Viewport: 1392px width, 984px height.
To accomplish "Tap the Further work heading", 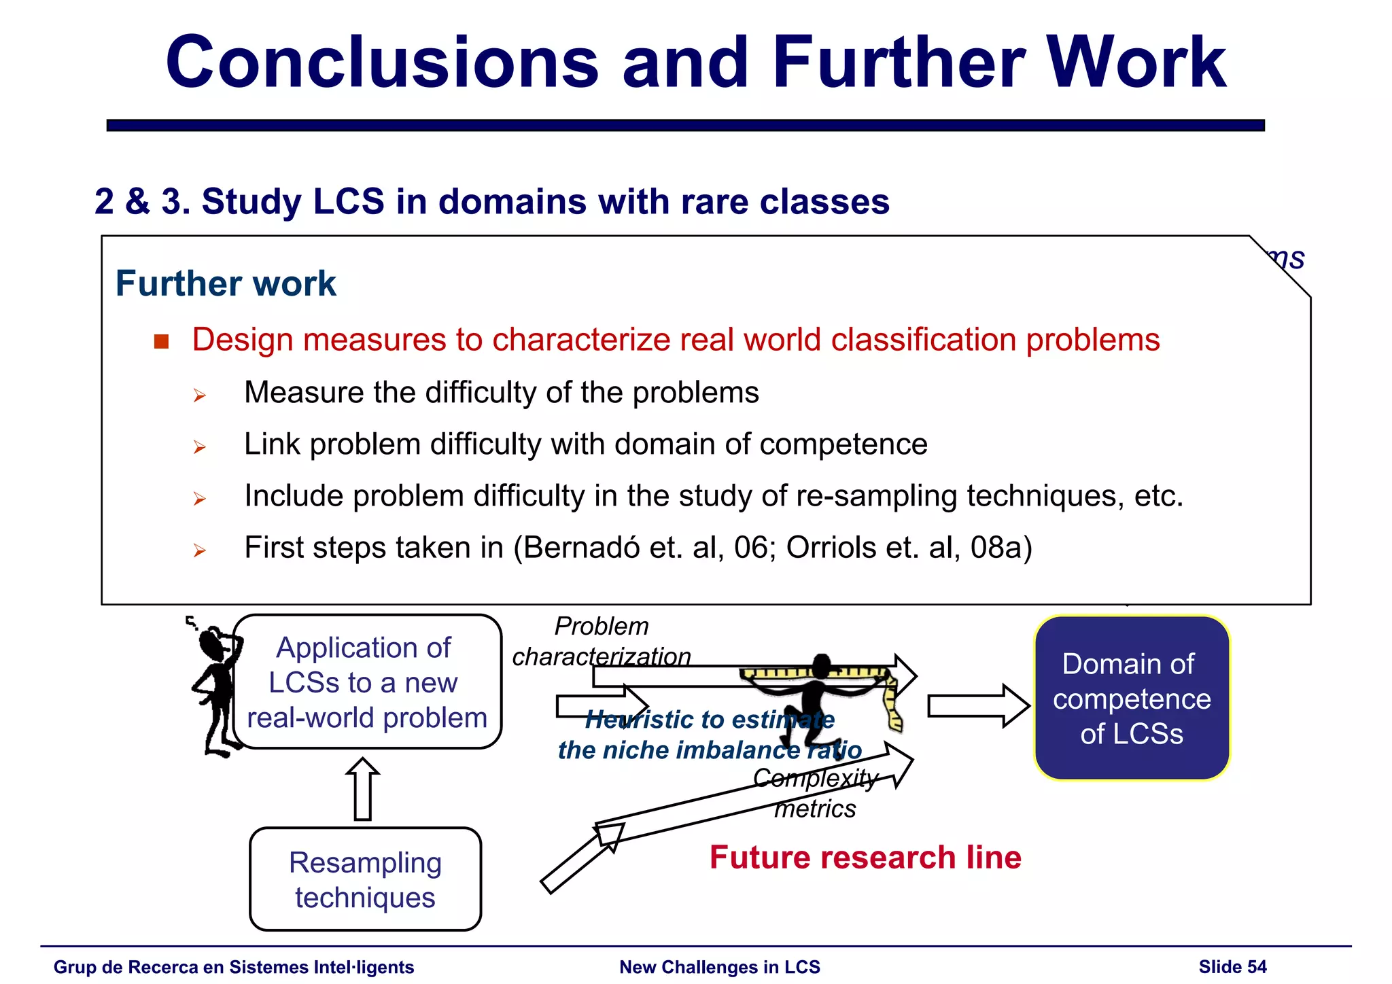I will tap(226, 283).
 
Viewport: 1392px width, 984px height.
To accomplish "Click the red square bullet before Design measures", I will tap(161, 341).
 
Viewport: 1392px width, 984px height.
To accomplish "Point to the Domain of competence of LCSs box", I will tap(1132, 699).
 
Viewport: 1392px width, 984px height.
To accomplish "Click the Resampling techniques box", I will tap(366, 879).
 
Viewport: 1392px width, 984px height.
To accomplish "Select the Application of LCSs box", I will tap(367, 682).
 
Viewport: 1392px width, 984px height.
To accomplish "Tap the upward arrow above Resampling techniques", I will tap(362, 789).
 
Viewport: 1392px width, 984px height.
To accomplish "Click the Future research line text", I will tap(865, 858).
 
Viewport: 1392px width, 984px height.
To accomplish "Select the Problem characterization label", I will tap(602, 642).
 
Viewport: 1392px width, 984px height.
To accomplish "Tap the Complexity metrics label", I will tap(816, 793).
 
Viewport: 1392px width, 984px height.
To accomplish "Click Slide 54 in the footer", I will tap(1232, 967).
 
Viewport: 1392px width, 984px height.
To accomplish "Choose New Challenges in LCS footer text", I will tap(720, 967).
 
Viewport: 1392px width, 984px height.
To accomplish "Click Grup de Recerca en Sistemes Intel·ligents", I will tap(234, 967).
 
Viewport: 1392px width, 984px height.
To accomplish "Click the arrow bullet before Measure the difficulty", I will tap(199, 395).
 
